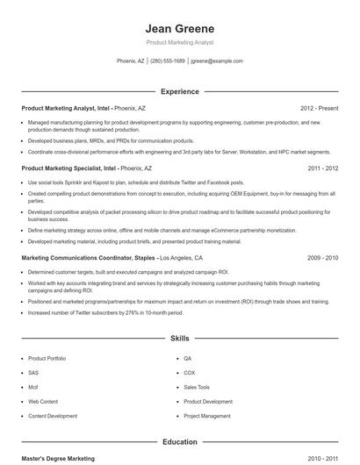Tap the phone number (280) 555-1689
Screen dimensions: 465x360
[168, 61]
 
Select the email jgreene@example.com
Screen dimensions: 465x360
[217, 61]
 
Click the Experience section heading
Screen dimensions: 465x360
[179, 91]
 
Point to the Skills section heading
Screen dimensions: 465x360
[179, 338]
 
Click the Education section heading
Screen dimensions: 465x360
[179, 442]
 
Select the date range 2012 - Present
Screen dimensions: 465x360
[319, 108]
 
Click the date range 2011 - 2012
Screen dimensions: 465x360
[322, 168]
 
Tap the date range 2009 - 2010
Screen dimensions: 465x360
[322, 259]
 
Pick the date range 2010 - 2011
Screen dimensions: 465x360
[322, 459]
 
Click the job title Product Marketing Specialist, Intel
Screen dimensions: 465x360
[68, 168]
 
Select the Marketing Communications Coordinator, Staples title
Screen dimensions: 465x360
[88, 259]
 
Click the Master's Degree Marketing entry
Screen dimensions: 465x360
[58, 459]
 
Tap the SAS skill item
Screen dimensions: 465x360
[34, 373]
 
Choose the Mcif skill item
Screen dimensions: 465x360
[34, 387]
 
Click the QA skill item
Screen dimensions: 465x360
[188, 359]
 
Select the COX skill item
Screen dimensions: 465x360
[190, 373]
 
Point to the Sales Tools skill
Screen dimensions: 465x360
[197, 387]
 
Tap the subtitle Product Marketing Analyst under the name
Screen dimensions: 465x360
[179, 42]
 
